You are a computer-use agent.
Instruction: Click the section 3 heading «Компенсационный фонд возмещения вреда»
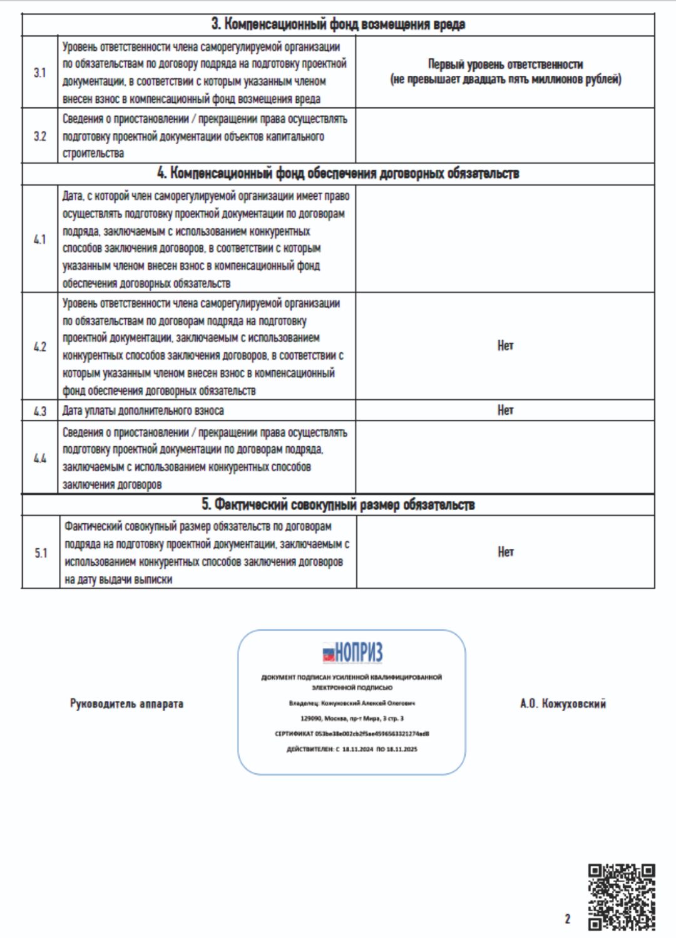pyautogui.click(x=338, y=24)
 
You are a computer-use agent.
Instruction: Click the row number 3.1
pyautogui.click(x=40, y=73)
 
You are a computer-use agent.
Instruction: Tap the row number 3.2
pyautogui.click(x=40, y=136)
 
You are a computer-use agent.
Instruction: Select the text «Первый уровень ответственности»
pyautogui.click(x=505, y=64)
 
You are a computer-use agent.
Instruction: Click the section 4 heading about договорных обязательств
pyautogui.click(x=338, y=174)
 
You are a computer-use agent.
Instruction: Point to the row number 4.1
pyautogui.click(x=40, y=239)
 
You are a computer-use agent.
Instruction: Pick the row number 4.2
pyautogui.click(x=40, y=347)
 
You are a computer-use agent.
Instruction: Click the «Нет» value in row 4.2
pyautogui.click(x=505, y=345)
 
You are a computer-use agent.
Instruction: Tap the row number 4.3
pyautogui.click(x=40, y=411)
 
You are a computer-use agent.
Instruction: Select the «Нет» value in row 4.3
pyautogui.click(x=505, y=410)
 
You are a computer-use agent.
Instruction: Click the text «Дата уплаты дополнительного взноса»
pyautogui.click(x=143, y=411)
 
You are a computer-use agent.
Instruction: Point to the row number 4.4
pyautogui.click(x=40, y=458)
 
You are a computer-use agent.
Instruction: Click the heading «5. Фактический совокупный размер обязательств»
pyautogui.click(x=338, y=505)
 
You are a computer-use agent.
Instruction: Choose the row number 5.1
pyautogui.click(x=41, y=553)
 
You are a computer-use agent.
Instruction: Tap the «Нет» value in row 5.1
pyautogui.click(x=506, y=552)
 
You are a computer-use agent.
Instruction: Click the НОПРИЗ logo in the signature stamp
pyautogui.click(x=352, y=653)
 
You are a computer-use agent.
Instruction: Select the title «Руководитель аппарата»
pyautogui.click(x=126, y=704)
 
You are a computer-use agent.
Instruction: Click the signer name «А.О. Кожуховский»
pyautogui.click(x=563, y=704)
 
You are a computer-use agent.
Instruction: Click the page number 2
pyautogui.click(x=568, y=919)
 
